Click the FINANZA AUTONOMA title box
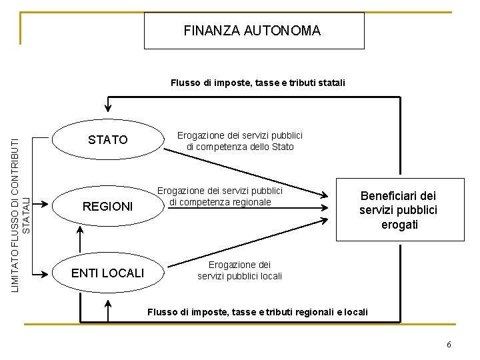point(254,31)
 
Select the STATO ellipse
point(108,140)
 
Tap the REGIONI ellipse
point(108,207)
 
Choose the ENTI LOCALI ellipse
point(108,273)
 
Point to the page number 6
point(449,345)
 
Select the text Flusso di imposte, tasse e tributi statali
point(258,83)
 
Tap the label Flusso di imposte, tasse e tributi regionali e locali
point(257,312)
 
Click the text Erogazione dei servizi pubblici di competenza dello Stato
point(240,141)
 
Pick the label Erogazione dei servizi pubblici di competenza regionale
point(221,196)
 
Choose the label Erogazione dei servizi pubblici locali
point(240,270)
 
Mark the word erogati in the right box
point(400,225)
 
